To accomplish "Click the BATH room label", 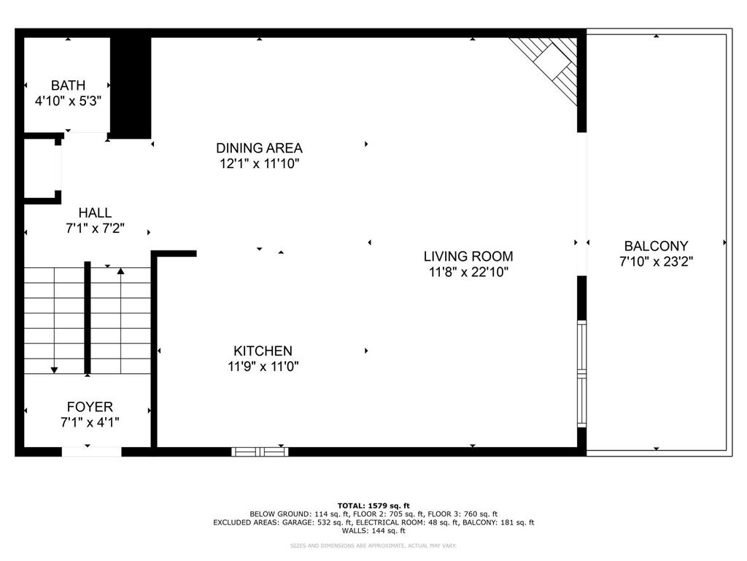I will tap(68, 85).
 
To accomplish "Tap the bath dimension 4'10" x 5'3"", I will tap(68, 102).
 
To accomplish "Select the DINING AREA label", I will tap(259, 148).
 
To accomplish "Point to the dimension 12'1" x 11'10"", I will tap(259, 164).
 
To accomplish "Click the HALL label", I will tap(95, 213).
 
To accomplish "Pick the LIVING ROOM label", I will tap(468, 256).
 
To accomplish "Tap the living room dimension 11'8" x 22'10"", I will tap(468, 272).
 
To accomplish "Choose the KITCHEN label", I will tap(263, 351).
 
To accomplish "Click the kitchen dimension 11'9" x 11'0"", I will tap(263, 367).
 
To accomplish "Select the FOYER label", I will tap(90, 407).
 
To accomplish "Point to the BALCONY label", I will tap(656, 246).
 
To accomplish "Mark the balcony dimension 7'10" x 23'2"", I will tap(656, 262).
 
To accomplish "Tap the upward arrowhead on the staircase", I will tap(120, 272).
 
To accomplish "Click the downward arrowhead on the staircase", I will tap(54, 370).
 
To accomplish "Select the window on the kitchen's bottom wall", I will tap(260, 451).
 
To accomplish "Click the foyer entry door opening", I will tap(91, 451).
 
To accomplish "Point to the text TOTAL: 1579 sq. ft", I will tap(373, 505).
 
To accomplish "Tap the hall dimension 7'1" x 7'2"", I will tap(95, 228).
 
